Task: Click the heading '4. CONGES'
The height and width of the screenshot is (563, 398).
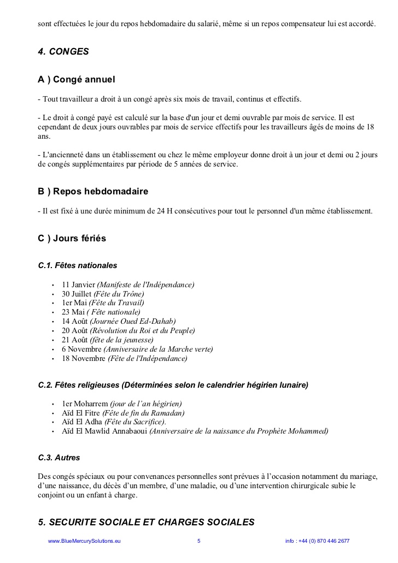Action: (x=63, y=52)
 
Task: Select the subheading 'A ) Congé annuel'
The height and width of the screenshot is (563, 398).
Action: (x=77, y=80)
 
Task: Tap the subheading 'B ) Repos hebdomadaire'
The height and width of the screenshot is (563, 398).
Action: (x=93, y=192)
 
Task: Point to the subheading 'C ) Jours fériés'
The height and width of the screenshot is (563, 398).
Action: (x=72, y=239)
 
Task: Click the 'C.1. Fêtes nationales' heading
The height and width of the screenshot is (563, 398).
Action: (x=78, y=266)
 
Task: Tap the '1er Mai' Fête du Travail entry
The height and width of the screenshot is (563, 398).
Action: (x=103, y=303)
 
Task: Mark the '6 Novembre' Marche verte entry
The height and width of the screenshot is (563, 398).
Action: (x=137, y=349)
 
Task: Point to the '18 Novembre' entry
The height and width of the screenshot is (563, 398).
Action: (x=124, y=359)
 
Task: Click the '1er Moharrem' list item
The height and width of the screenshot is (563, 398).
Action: (x=121, y=404)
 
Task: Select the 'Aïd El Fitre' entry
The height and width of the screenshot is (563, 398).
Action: (x=123, y=413)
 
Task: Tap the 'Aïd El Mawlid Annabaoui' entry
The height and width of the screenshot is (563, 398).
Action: (x=195, y=431)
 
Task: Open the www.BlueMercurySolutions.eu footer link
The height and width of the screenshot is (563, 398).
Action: (x=84, y=541)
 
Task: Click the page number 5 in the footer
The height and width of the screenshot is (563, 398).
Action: (x=199, y=541)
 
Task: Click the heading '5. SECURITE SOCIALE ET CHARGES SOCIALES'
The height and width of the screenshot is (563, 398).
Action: (x=147, y=522)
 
